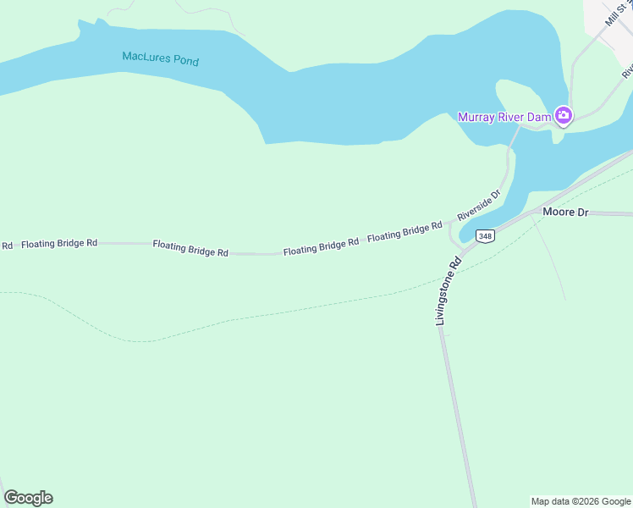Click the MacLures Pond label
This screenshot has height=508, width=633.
(161, 59)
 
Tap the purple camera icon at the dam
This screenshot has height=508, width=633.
(563, 116)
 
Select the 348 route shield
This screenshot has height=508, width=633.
(485, 236)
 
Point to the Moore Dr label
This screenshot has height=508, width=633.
(565, 213)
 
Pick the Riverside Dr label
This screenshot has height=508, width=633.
(480, 205)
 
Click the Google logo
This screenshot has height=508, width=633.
(28, 498)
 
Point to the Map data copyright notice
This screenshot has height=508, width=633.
(581, 501)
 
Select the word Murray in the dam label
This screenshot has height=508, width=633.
(476, 117)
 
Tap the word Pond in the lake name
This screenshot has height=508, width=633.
(185, 61)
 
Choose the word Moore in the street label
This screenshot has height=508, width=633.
(558, 213)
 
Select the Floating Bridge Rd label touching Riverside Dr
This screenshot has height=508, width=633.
(405, 232)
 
